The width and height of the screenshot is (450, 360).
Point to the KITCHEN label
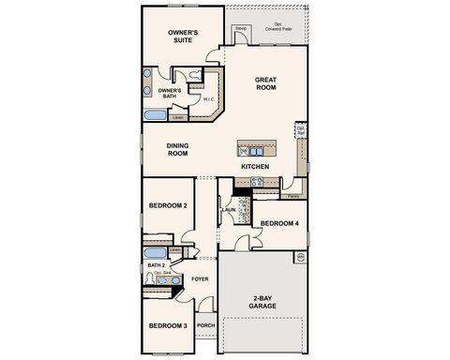[x=255, y=167]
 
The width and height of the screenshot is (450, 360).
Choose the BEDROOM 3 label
[x=169, y=325]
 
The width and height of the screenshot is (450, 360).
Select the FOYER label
[x=201, y=278]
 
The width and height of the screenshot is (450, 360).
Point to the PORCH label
[x=205, y=326]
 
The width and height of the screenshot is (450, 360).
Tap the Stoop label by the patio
[x=240, y=29]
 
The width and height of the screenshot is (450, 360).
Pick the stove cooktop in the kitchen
[x=255, y=182]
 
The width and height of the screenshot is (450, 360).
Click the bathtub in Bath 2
[x=155, y=251]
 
